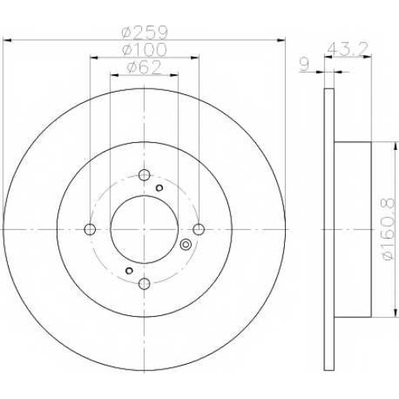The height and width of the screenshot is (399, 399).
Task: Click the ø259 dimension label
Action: (144, 32)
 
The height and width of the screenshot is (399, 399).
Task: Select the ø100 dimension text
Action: (144, 49)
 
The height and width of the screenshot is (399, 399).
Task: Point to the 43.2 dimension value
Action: (347, 49)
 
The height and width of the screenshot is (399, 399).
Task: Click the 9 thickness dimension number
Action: (305, 65)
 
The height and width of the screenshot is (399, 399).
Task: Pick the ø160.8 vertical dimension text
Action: (387, 229)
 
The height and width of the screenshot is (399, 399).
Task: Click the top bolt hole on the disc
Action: (144, 175)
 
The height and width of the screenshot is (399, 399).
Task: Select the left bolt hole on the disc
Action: (90, 229)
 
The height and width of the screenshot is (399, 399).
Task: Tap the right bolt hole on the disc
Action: (199, 229)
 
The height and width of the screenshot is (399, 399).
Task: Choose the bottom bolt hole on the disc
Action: (144, 283)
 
